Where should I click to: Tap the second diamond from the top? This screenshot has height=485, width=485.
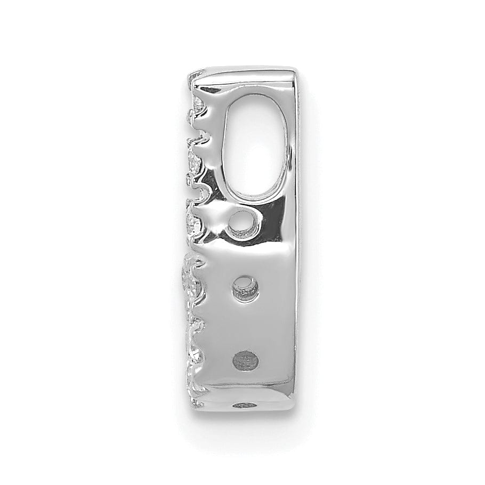(193, 158)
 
